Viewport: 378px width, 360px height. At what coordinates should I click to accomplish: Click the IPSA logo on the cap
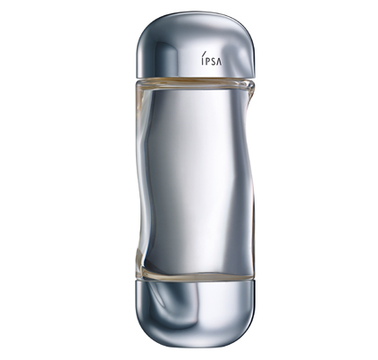click(x=211, y=59)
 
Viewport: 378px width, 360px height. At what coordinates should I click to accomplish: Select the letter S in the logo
click(x=213, y=61)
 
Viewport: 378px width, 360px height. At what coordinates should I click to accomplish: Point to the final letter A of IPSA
click(x=219, y=61)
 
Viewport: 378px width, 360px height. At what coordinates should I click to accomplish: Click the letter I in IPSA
click(x=202, y=61)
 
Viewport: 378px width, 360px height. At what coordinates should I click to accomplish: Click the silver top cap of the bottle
click(x=196, y=46)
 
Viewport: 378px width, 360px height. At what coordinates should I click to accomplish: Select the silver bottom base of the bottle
click(x=195, y=314)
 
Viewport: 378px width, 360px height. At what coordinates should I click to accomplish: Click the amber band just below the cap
click(x=194, y=81)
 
